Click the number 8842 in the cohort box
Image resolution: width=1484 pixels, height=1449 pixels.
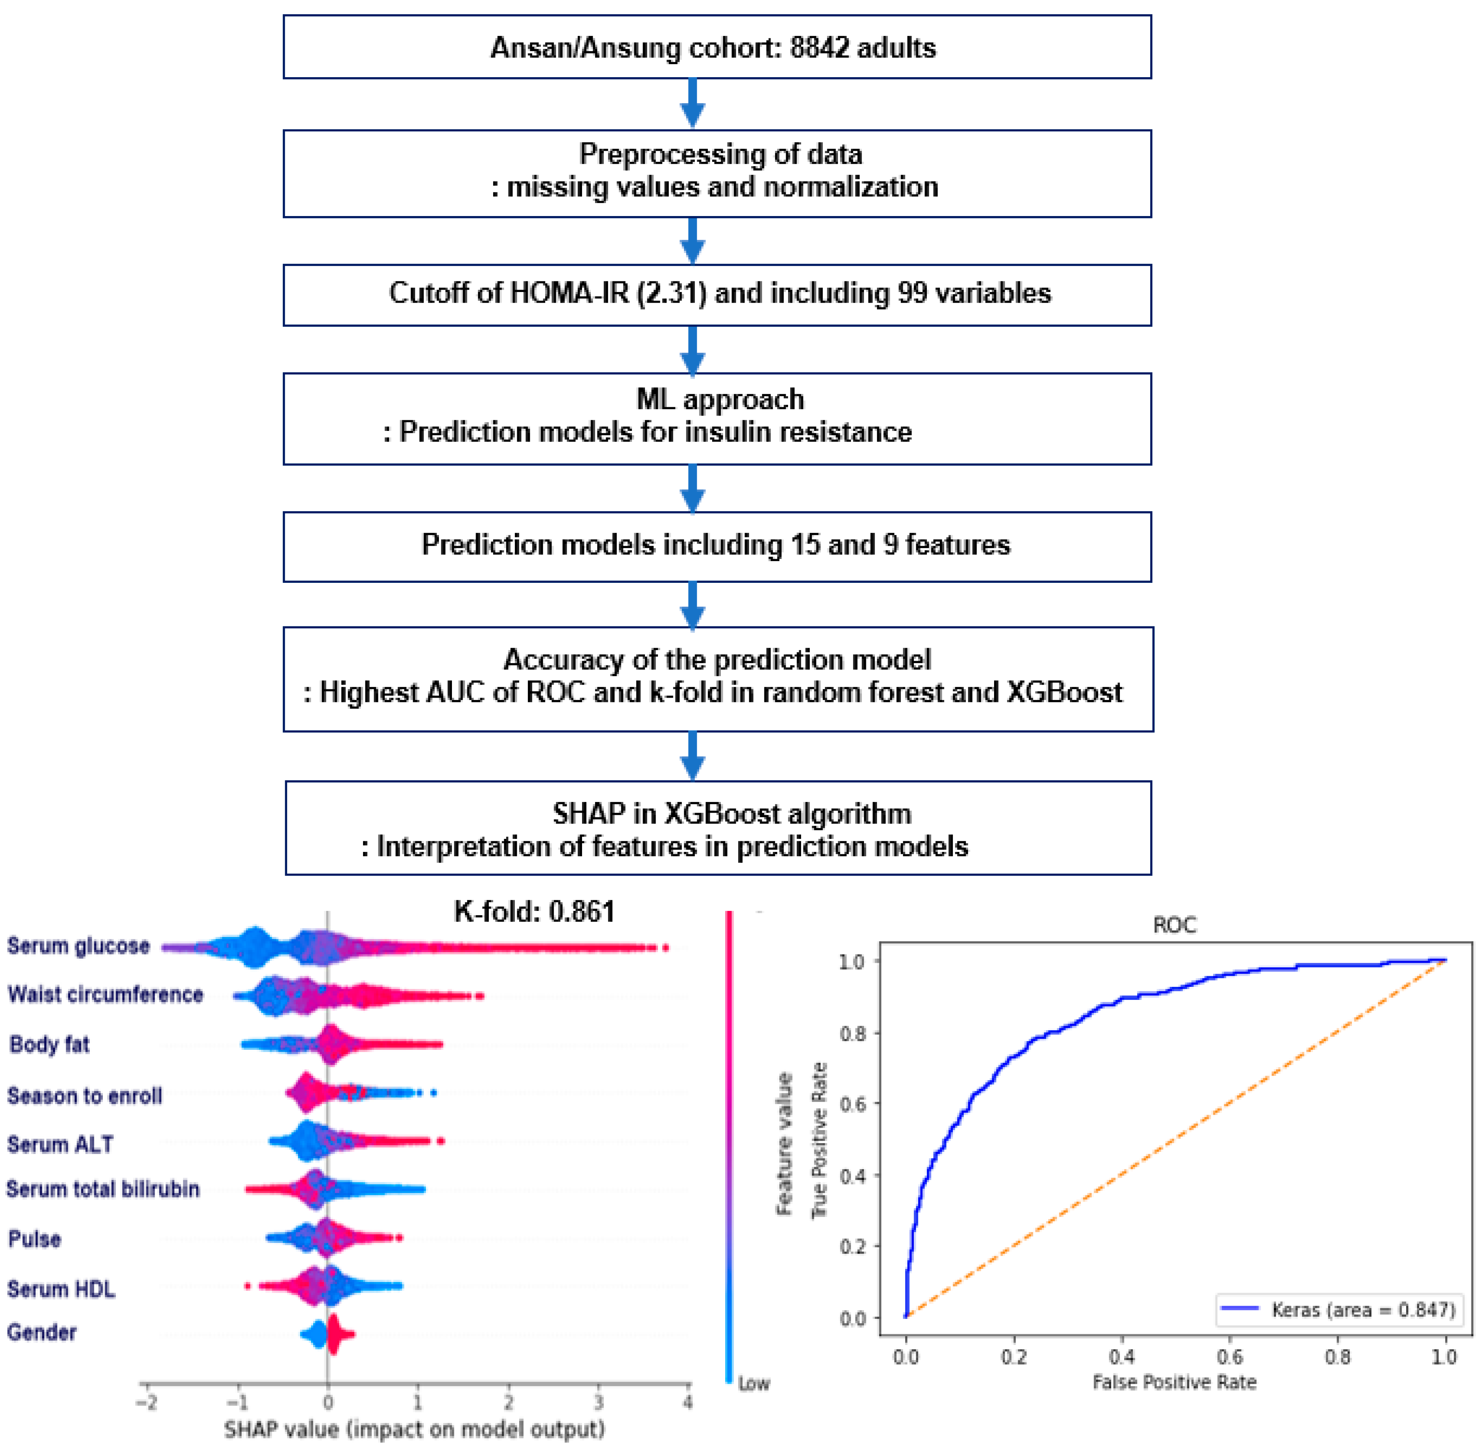pos(819,48)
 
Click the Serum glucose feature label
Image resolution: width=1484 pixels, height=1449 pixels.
pos(78,946)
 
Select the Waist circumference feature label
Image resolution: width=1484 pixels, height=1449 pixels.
pos(105,995)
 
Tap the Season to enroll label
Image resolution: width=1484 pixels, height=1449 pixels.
pos(85,1096)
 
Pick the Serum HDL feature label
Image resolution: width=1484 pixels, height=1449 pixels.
pos(61,1289)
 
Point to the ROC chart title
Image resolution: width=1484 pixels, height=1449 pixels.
pos(1174,926)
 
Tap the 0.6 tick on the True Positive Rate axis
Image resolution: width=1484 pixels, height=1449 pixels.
pos(852,1104)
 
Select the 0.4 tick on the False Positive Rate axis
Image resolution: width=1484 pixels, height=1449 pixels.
pos(1122,1357)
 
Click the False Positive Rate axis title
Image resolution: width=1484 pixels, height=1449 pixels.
pos(1174,1382)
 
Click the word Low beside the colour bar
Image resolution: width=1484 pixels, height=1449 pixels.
pos(754,1384)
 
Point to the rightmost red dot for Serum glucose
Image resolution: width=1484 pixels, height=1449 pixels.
pos(665,948)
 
